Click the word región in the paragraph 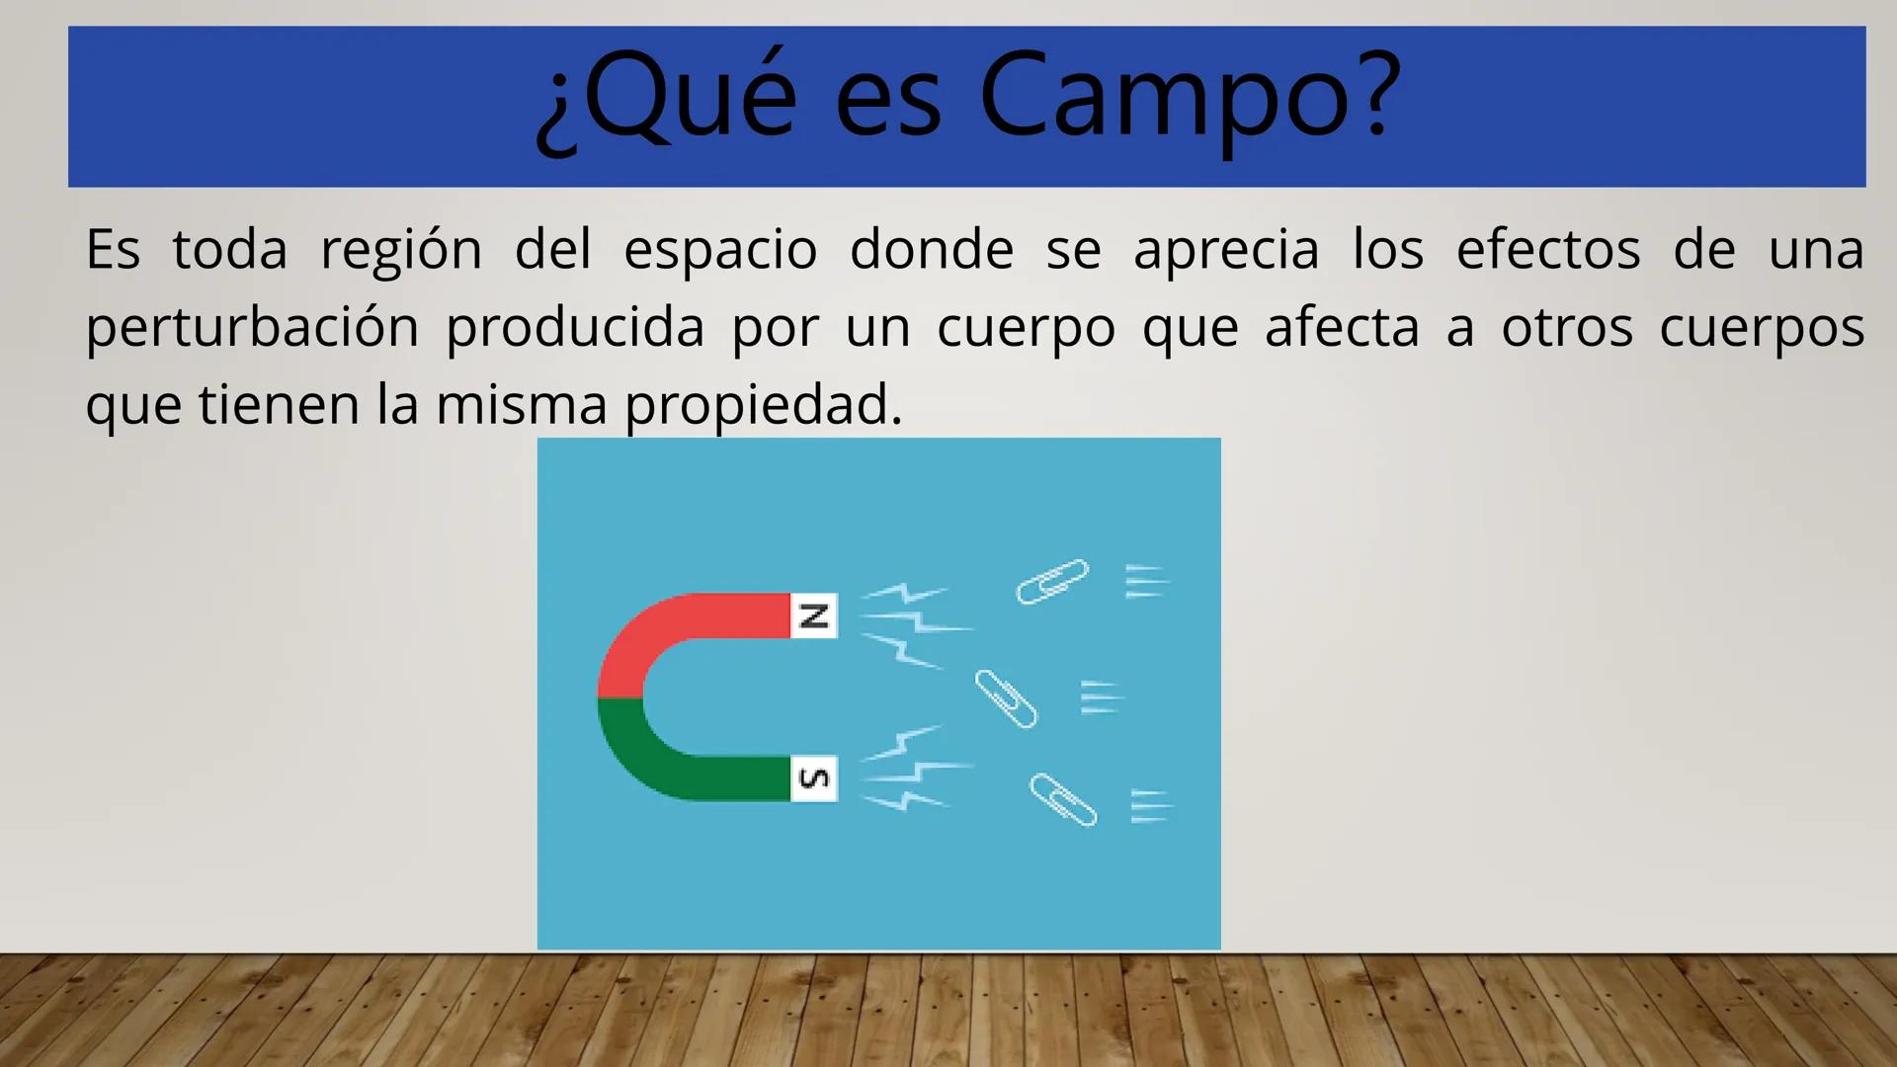coord(401,250)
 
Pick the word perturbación coord(252,328)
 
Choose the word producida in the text coord(575,328)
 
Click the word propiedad coord(763,406)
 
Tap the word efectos coord(1547,249)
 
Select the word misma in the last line coord(521,405)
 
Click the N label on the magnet coord(813,616)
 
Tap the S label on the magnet coord(813,779)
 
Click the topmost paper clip coord(1052,581)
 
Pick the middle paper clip coord(1006,698)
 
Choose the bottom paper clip coord(1062,799)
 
